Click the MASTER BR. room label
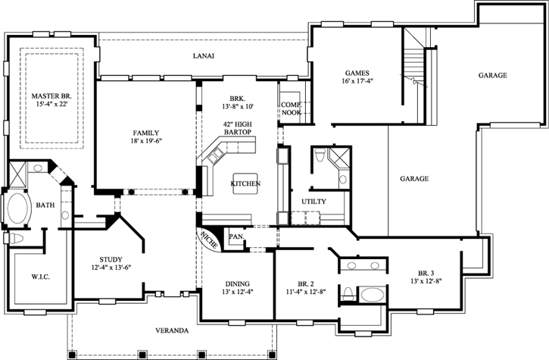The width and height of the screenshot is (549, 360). click(x=51, y=96)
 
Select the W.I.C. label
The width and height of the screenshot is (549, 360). click(x=41, y=276)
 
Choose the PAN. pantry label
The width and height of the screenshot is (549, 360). click(x=236, y=236)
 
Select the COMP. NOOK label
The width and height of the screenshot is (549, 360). click(x=291, y=108)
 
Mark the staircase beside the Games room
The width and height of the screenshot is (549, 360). click(x=414, y=64)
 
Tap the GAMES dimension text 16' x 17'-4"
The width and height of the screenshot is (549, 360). click(x=357, y=82)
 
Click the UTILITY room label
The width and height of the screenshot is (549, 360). click(x=313, y=202)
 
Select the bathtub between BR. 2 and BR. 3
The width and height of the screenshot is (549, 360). click(x=371, y=293)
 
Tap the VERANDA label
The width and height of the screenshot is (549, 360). click(x=168, y=330)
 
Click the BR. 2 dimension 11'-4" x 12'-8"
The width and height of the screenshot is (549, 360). click(x=307, y=292)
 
